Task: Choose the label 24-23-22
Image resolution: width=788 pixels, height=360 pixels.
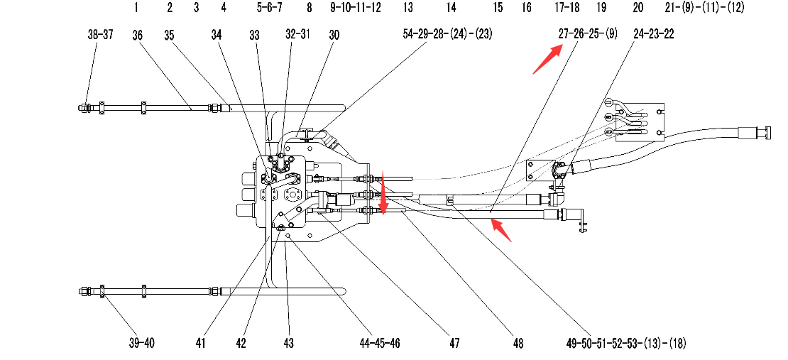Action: [x=653, y=33]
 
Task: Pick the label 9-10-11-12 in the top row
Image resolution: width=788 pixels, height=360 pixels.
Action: [x=356, y=9]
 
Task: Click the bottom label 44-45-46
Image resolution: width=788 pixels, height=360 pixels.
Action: [x=380, y=344]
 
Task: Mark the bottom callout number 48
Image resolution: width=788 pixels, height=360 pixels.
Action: [x=518, y=344]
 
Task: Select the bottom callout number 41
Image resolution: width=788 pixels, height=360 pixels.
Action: [x=201, y=344]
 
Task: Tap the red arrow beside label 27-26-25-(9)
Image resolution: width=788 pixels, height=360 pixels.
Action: [x=548, y=58]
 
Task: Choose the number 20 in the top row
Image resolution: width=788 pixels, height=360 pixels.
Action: [x=638, y=9]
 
